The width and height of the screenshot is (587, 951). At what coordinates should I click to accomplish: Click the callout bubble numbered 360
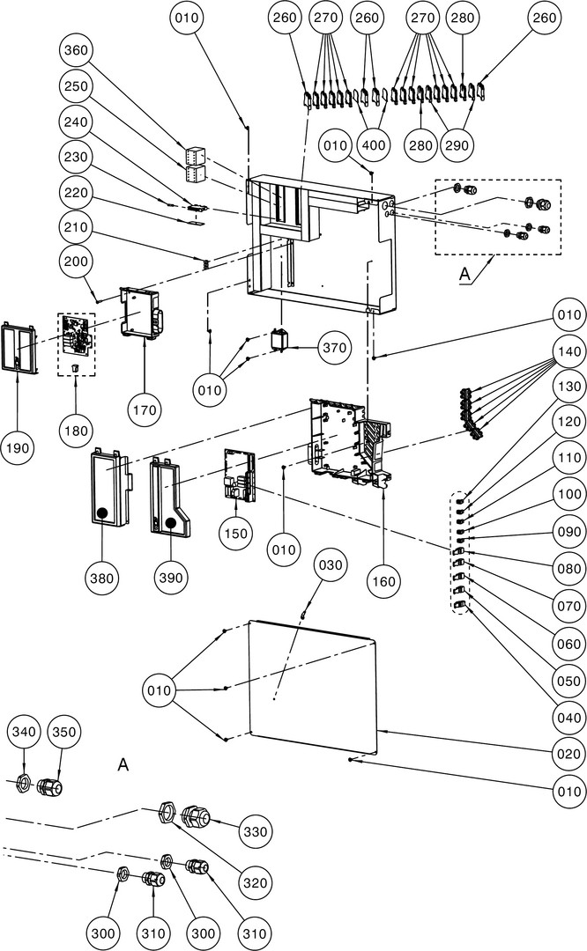78,50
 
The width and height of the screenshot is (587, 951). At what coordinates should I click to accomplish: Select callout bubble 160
385,580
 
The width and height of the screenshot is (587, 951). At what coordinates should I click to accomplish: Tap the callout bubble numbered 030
329,564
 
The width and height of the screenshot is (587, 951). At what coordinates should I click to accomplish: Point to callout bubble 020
568,754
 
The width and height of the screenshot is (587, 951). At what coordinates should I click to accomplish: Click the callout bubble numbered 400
375,144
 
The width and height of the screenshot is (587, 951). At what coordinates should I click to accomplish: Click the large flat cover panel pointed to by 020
313,687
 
